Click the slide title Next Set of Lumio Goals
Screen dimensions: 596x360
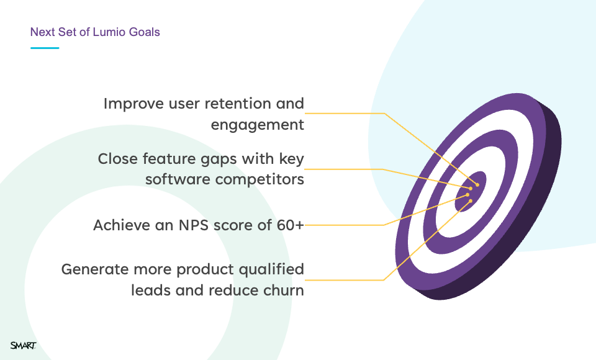pyautogui.click(x=95, y=32)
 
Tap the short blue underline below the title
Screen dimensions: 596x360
pyautogui.click(x=45, y=48)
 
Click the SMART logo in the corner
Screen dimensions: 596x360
pyautogui.click(x=23, y=345)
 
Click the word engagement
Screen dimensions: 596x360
pyautogui.click(x=257, y=125)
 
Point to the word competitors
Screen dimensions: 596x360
pyautogui.click(x=260, y=179)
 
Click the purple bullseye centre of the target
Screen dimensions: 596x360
pyautogui.click(x=471, y=191)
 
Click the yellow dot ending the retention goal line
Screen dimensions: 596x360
pyautogui.click(x=477, y=185)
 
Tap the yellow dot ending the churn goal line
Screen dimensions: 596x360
pyautogui.click(x=471, y=200)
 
